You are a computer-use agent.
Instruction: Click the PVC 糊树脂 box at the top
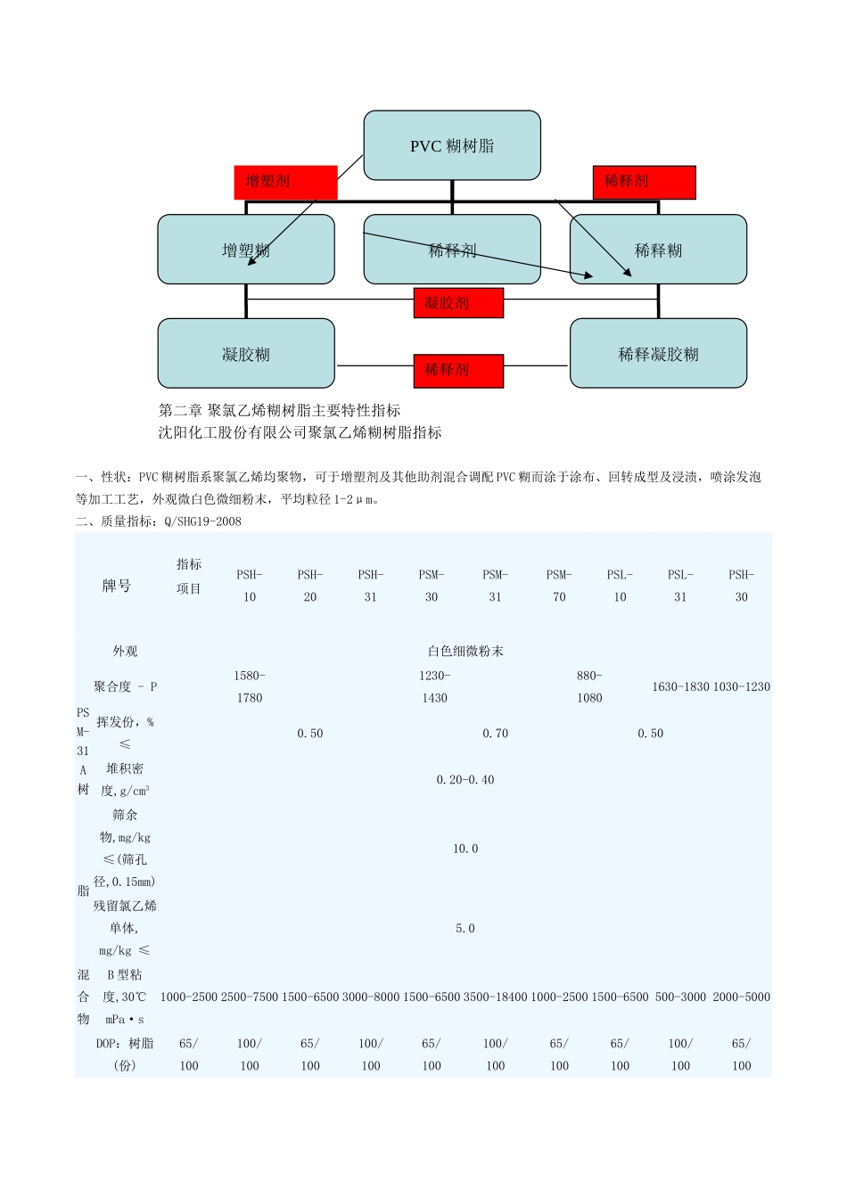[x=452, y=145]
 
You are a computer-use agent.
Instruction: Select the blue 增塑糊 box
[x=246, y=250]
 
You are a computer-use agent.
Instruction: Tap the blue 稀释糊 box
[x=658, y=250]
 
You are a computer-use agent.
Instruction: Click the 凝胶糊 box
[x=246, y=354]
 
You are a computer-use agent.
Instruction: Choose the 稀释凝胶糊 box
[x=658, y=354]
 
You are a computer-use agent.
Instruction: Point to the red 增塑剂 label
[x=285, y=182]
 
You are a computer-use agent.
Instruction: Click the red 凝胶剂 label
[x=458, y=303]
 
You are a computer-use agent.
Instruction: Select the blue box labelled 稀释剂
[x=452, y=250]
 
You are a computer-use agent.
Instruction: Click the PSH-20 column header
[x=310, y=586]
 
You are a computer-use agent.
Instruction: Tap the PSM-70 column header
[x=559, y=586]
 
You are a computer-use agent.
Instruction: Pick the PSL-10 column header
[x=620, y=586]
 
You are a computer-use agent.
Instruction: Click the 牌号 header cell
[x=117, y=586]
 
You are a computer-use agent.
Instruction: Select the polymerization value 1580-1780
[x=250, y=686]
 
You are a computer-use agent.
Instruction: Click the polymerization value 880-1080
[x=589, y=686]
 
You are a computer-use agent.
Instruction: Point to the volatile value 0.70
[x=496, y=734]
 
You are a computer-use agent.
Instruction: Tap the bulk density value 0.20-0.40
[x=465, y=780]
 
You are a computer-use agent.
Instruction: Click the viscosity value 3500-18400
[x=496, y=997]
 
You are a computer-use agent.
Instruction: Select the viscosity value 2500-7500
[x=250, y=997]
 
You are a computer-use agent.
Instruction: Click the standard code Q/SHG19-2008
[x=203, y=521]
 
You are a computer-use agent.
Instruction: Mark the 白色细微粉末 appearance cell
[x=465, y=652]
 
